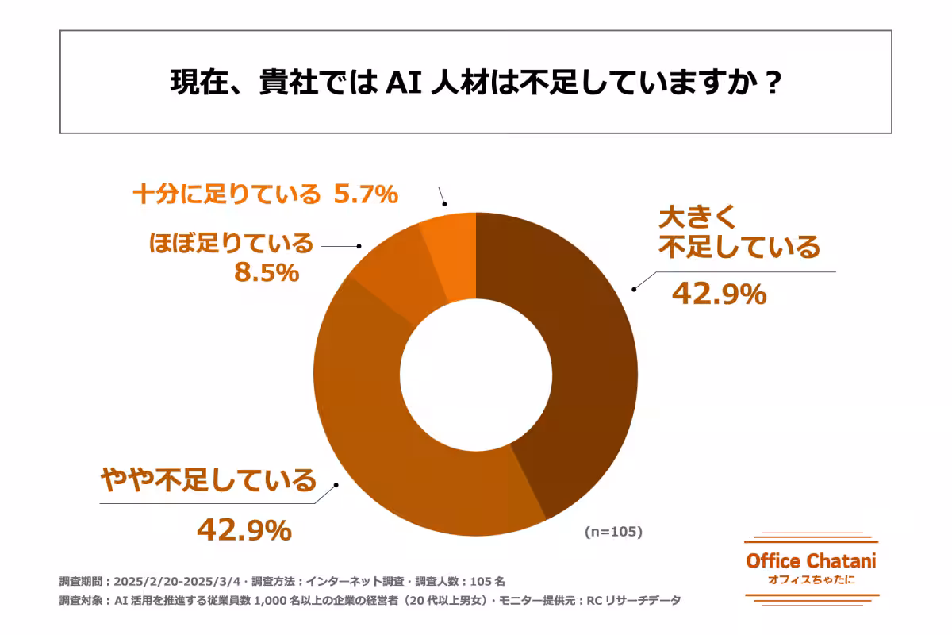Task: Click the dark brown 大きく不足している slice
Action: [579, 357]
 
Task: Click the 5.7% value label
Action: [365, 193]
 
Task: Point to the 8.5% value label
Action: [266, 273]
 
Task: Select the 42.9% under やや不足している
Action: [244, 529]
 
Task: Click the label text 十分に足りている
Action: [226, 194]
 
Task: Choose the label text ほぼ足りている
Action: [231, 244]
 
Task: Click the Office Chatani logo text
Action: [811, 561]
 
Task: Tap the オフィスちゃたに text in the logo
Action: [811, 581]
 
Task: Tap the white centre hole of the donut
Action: [476, 373]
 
